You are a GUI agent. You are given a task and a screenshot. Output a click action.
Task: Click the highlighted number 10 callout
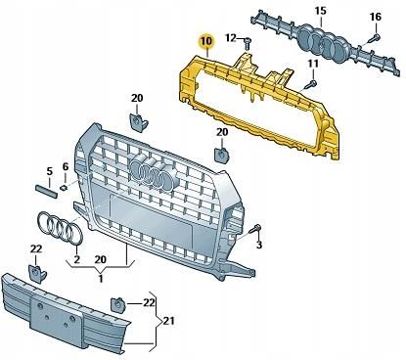(205, 42)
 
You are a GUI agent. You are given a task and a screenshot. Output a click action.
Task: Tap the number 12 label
(230, 38)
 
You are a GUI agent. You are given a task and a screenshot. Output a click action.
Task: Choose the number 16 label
(376, 18)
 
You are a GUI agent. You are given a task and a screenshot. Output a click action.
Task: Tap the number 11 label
(313, 65)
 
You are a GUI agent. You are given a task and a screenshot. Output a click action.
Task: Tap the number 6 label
(66, 166)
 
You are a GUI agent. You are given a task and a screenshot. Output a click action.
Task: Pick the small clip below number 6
(62, 185)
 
